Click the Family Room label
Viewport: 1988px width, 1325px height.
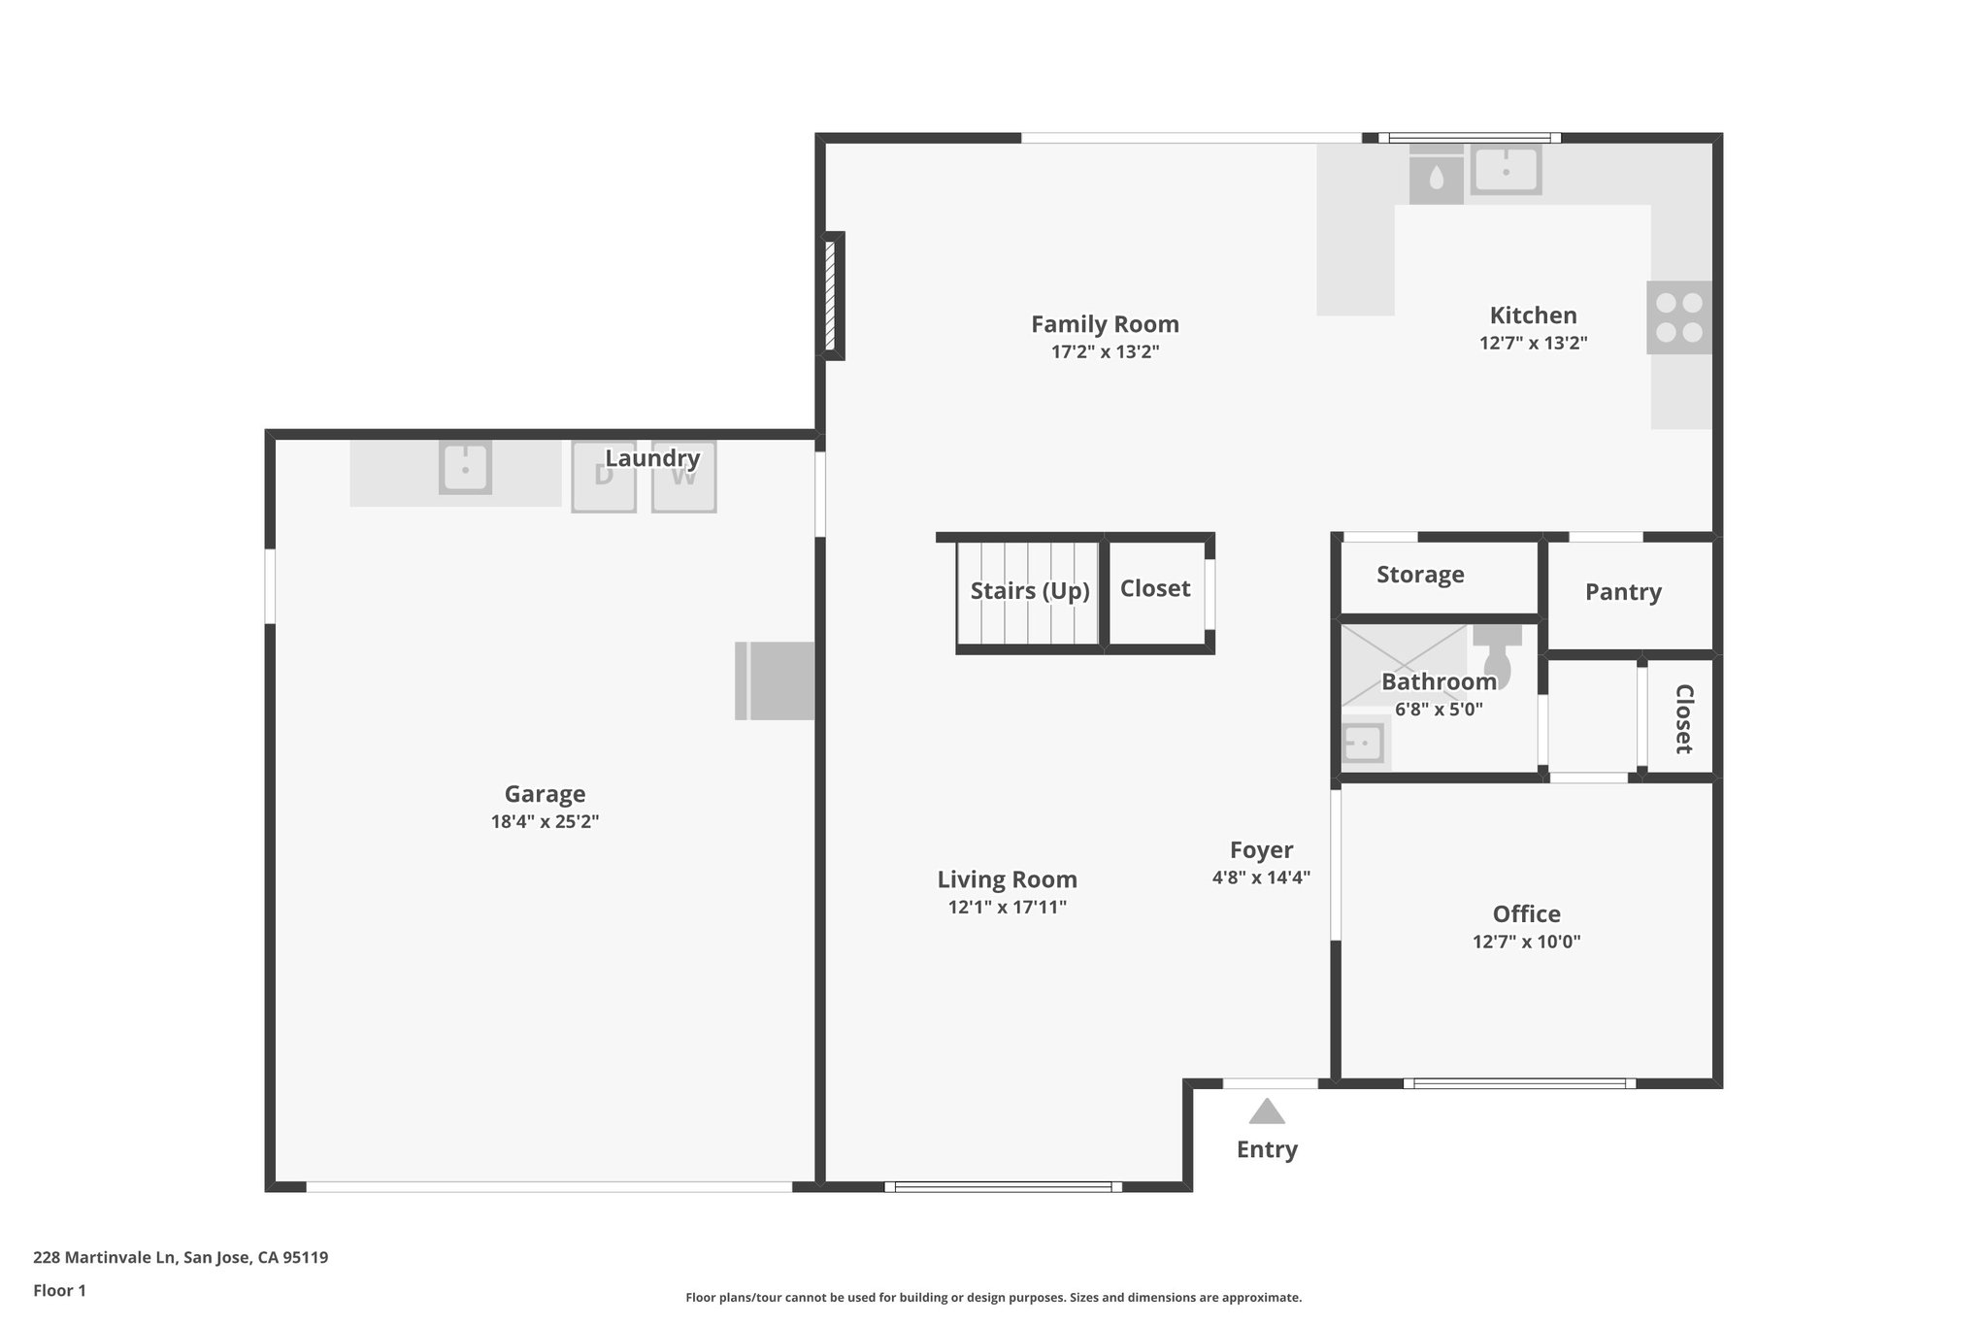coord(1105,324)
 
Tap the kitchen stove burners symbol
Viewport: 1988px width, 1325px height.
coord(1678,317)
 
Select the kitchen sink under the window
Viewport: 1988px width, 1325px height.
coord(1506,170)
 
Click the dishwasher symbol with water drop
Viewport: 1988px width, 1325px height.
coord(1436,177)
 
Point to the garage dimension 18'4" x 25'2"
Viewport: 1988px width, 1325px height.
coord(545,821)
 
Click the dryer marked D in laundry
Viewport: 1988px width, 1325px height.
coord(604,477)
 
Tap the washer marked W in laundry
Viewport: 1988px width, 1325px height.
coord(683,477)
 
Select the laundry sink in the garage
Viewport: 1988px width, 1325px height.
coord(465,468)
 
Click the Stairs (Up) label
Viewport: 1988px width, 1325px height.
coord(1029,590)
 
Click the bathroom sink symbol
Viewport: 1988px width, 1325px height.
coord(1363,744)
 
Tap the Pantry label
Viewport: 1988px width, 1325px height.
coord(1623,592)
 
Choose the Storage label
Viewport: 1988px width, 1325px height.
coord(1420,575)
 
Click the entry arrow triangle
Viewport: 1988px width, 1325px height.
coord(1267,1111)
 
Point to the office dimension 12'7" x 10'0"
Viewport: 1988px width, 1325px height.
coord(1526,942)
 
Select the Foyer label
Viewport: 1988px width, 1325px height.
coord(1261,850)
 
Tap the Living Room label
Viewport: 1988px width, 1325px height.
coord(1007,879)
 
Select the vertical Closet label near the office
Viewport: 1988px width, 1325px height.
coord(1683,718)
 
